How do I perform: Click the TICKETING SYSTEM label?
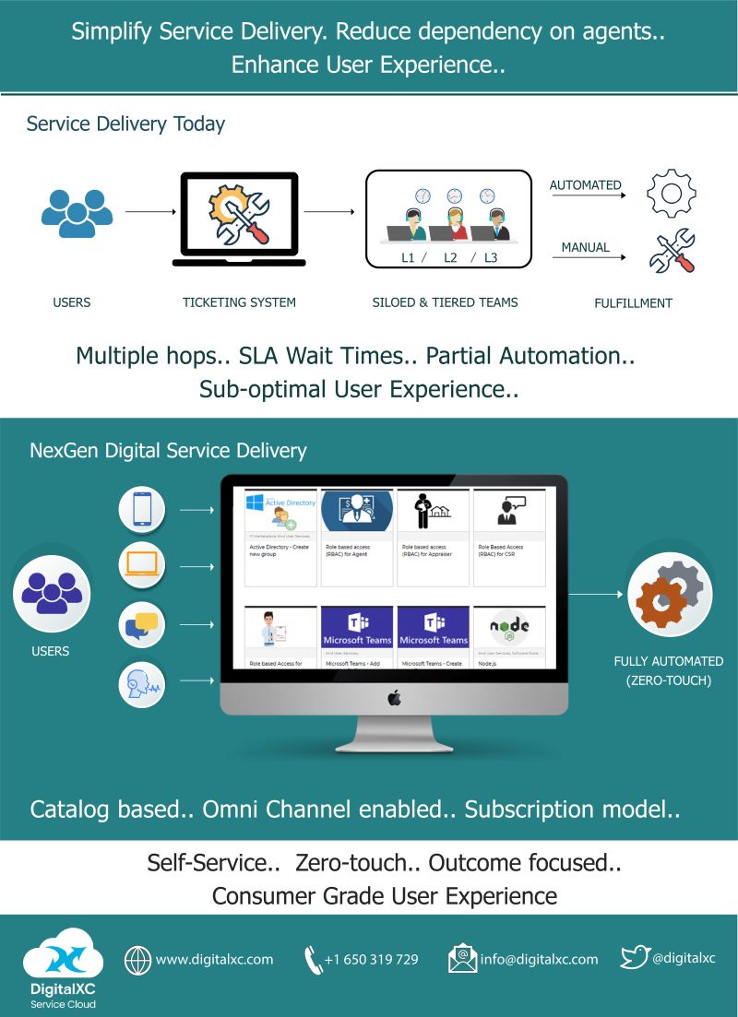tap(239, 302)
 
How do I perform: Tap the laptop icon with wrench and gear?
tap(239, 219)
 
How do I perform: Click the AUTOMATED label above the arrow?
tap(585, 185)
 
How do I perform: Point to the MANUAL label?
tap(585, 247)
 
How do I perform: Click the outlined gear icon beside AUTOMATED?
tap(671, 193)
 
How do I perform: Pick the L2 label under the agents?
tap(450, 258)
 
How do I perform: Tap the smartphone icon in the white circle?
tap(142, 509)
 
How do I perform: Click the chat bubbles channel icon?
tap(142, 625)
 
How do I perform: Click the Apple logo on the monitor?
tap(394, 699)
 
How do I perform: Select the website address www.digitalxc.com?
tap(214, 960)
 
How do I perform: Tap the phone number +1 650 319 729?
tap(371, 960)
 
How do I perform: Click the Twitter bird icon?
tap(635, 958)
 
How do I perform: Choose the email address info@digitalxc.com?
tap(539, 960)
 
